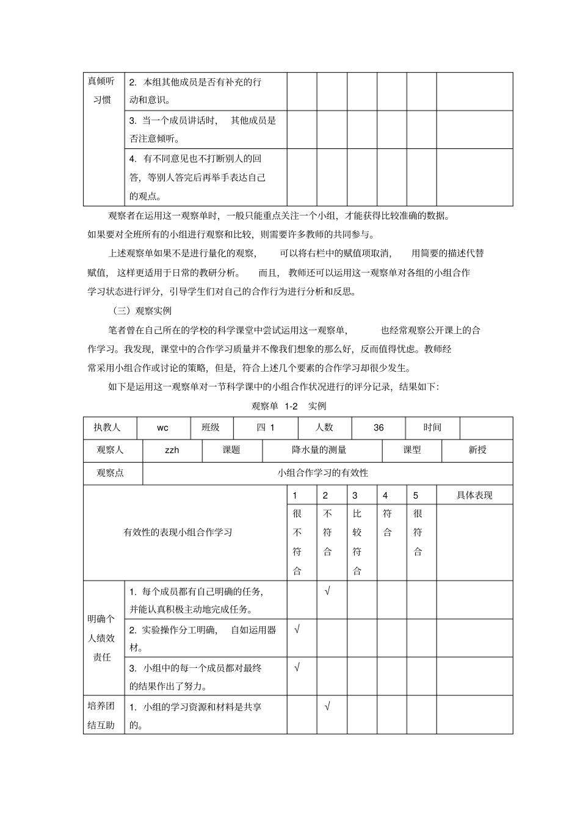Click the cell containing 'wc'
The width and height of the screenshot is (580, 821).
162,428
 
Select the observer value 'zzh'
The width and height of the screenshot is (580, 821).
172,450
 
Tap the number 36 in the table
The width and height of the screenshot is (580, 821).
379,428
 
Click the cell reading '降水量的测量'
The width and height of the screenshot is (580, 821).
319,450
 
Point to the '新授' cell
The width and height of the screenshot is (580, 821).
477,450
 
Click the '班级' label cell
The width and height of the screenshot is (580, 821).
211,428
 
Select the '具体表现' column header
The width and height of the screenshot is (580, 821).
474,496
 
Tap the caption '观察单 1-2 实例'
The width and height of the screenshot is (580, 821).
289,407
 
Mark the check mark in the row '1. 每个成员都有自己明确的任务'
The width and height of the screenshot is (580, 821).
327,591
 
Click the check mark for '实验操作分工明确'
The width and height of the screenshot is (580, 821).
297,629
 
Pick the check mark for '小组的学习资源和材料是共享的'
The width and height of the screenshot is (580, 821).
327,707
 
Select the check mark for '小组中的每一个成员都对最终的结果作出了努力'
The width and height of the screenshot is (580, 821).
297,668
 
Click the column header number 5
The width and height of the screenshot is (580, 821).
416,496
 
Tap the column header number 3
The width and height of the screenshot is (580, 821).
355,496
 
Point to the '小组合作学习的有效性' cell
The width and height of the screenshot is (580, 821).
323,473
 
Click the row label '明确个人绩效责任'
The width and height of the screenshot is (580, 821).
103,638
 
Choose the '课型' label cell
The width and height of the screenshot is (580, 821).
412,450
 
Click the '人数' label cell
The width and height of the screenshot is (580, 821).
324,428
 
